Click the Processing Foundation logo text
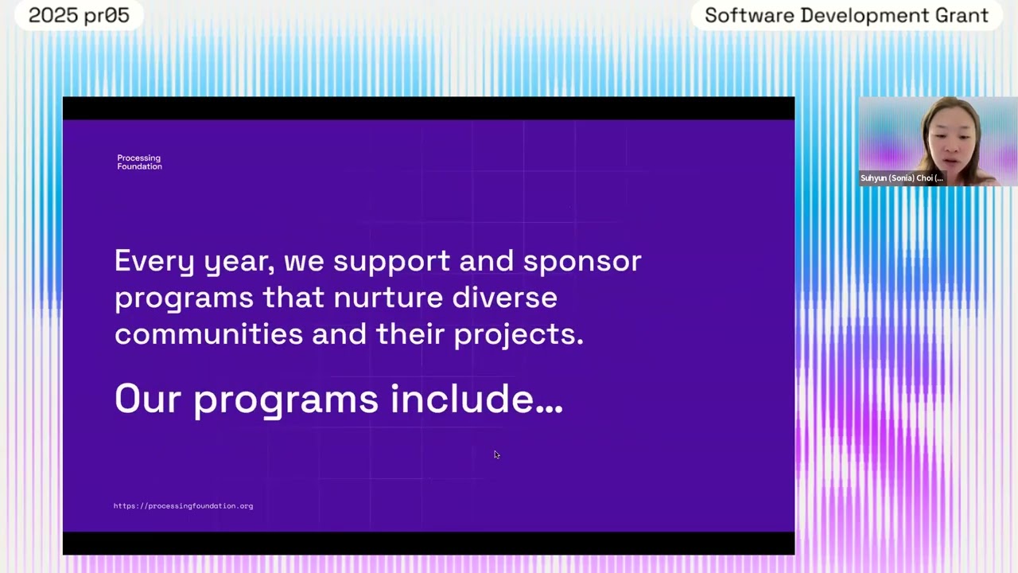[x=139, y=162]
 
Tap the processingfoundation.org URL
[x=183, y=506]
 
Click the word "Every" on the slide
[x=154, y=261]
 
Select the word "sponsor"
[x=582, y=261]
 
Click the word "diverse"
[x=504, y=298]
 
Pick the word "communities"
[x=208, y=334]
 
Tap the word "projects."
[x=519, y=334]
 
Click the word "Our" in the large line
[x=147, y=399]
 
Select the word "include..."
[x=476, y=399]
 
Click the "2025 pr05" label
[x=79, y=16]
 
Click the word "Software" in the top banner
[x=748, y=16]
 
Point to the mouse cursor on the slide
[x=496, y=454]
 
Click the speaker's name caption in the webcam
[x=901, y=178]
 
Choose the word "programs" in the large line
[x=286, y=399]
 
